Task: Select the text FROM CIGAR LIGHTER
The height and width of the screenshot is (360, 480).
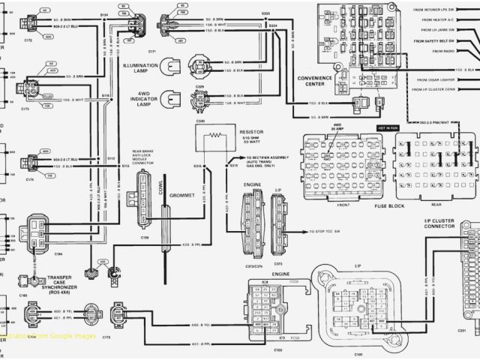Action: coord(450,78)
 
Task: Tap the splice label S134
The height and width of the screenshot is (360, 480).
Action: coord(103,14)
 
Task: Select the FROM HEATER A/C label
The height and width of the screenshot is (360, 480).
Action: coord(450,19)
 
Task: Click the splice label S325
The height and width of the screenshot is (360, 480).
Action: coord(266,13)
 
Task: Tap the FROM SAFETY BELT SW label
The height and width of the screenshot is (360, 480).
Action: coord(448,40)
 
